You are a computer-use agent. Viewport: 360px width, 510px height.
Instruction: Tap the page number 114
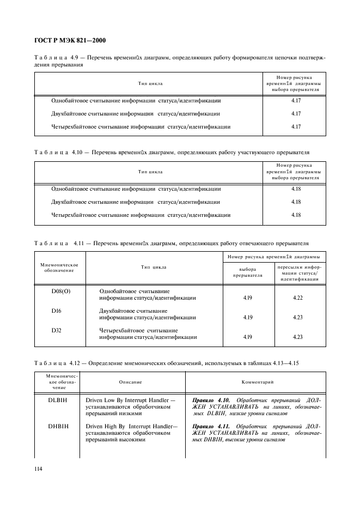pyautogui.click(x=40, y=469)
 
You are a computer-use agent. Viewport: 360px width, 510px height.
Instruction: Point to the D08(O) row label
pyautogui.click(x=60, y=291)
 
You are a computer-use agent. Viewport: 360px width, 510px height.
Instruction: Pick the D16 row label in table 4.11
pyautogui.click(x=57, y=311)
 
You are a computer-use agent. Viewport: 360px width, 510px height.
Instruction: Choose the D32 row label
pyautogui.click(x=57, y=330)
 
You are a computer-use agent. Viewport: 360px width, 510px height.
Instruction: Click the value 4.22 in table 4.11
pyautogui.click(x=297, y=298)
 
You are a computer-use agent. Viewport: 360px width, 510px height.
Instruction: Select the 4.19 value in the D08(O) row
pyautogui.click(x=247, y=298)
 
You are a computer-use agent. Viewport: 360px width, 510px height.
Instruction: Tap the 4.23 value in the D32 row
pyautogui.click(x=297, y=337)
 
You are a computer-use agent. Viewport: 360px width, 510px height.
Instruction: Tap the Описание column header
pyautogui.click(x=131, y=383)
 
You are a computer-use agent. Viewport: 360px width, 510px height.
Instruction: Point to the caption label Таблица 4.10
pyautogui.click(x=57, y=153)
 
